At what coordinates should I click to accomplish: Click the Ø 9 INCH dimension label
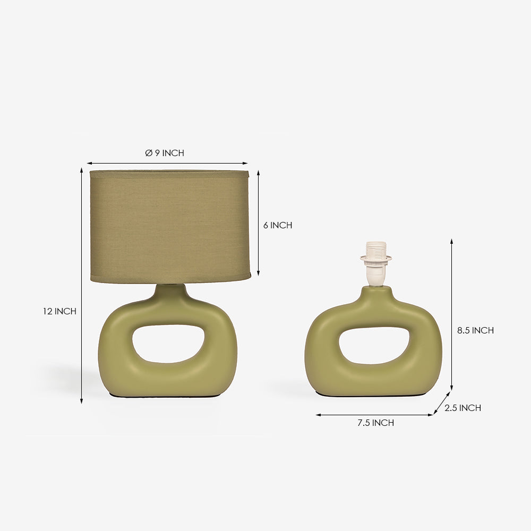tap(165, 153)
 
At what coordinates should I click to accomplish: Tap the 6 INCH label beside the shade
tap(278, 225)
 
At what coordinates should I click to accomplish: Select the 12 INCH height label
tap(59, 311)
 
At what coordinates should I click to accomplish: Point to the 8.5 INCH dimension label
tap(475, 330)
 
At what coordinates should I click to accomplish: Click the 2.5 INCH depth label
tap(463, 408)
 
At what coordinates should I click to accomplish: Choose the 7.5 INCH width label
tap(376, 423)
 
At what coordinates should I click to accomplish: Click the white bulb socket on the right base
tap(376, 264)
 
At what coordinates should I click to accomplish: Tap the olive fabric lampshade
tap(170, 226)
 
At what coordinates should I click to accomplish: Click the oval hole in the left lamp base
tap(168, 344)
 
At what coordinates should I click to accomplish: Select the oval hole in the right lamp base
tap(374, 346)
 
